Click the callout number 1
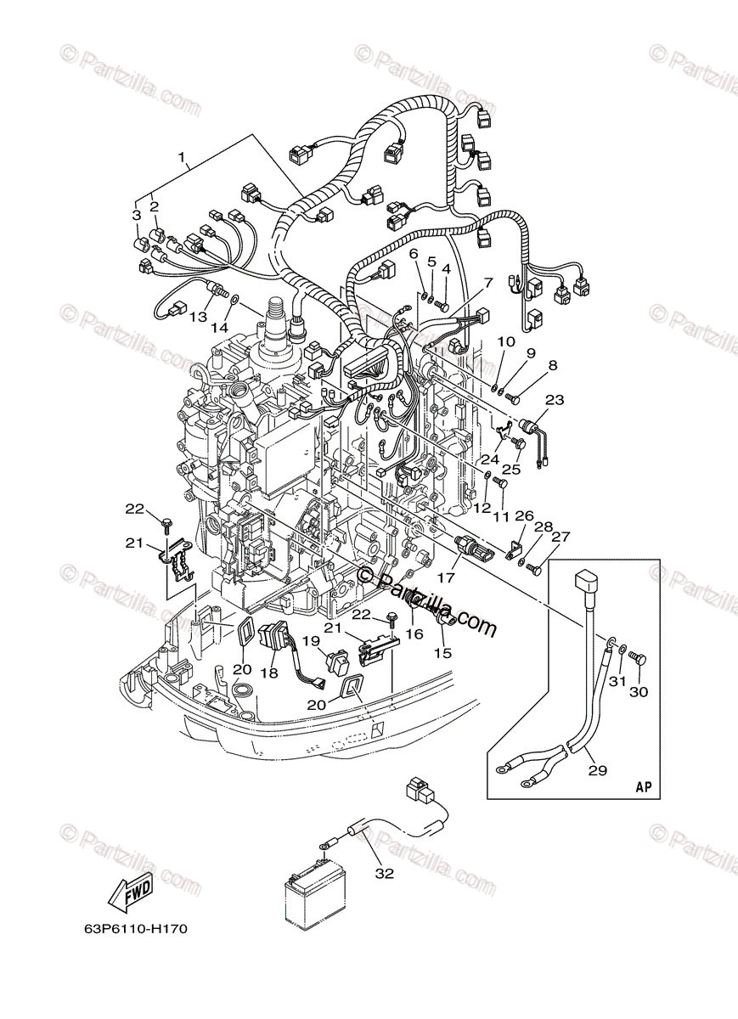coord(181,157)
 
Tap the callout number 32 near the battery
coord(385,874)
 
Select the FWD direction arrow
coord(128,892)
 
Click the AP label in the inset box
coord(644,787)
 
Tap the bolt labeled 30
coord(642,659)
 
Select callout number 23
coord(555,399)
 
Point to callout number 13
coord(198,317)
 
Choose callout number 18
coord(269,672)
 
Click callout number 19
coord(312,642)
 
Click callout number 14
coord(220,328)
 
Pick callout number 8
coord(553,367)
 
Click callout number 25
coord(511,468)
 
